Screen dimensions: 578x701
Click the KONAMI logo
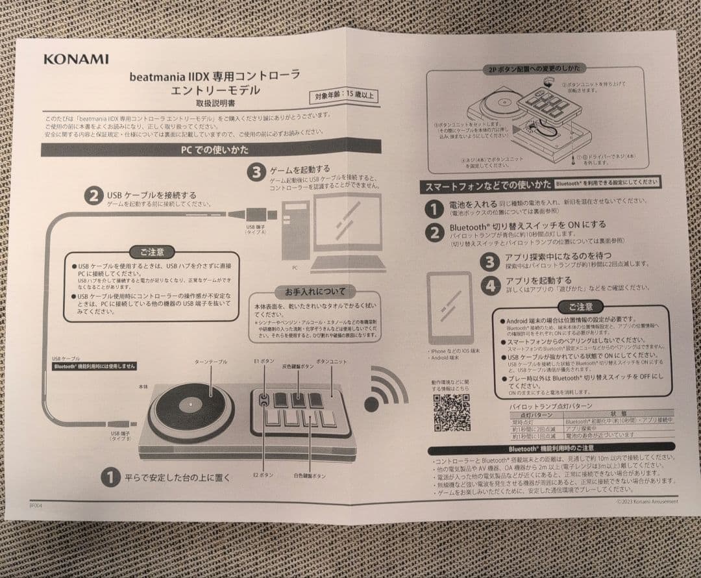pyautogui.click(x=76, y=59)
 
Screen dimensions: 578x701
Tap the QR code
pyautogui.click(x=452, y=412)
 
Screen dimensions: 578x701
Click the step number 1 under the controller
pyautogui.click(x=110, y=477)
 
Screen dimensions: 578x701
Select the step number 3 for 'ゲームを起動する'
pyautogui.click(x=257, y=173)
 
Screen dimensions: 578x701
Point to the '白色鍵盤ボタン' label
pyautogui.click(x=310, y=476)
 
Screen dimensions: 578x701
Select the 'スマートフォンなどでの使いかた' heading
pyautogui.click(x=487, y=186)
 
